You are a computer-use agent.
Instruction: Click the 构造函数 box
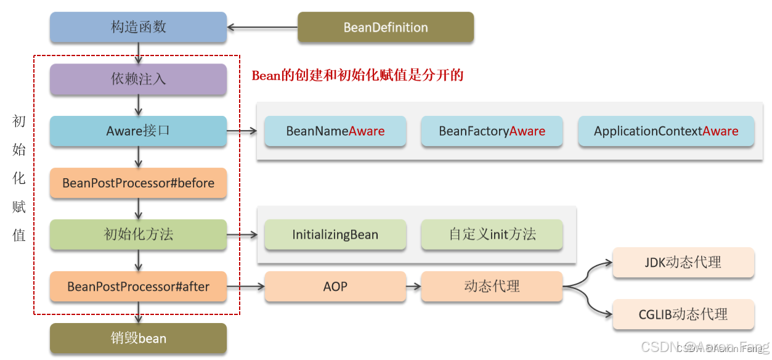point(139,27)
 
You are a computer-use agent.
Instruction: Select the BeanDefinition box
point(386,27)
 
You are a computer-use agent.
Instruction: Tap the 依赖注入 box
point(139,80)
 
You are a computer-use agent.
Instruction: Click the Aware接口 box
point(139,131)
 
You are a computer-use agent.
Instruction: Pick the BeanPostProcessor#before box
point(139,183)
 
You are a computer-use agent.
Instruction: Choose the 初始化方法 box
point(139,234)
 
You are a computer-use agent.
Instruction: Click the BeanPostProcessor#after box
point(139,287)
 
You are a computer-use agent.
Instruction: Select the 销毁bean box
point(139,338)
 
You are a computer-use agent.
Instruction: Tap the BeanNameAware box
point(335,131)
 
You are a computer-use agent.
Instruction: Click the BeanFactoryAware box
point(492,131)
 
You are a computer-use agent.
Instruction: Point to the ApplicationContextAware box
point(666,131)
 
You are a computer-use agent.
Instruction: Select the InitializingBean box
point(335,234)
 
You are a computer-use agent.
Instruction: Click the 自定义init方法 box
point(492,234)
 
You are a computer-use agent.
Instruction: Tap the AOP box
point(335,287)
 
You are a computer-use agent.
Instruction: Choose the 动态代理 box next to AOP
point(492,287)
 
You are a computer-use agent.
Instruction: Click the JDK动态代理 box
point(683,262)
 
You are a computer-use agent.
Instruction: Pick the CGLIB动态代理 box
point(683,314)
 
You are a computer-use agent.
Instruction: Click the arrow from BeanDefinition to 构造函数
point(262,27)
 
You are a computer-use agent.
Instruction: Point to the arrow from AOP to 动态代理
point(413,287)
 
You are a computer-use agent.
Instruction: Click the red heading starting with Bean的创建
point(357,76)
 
